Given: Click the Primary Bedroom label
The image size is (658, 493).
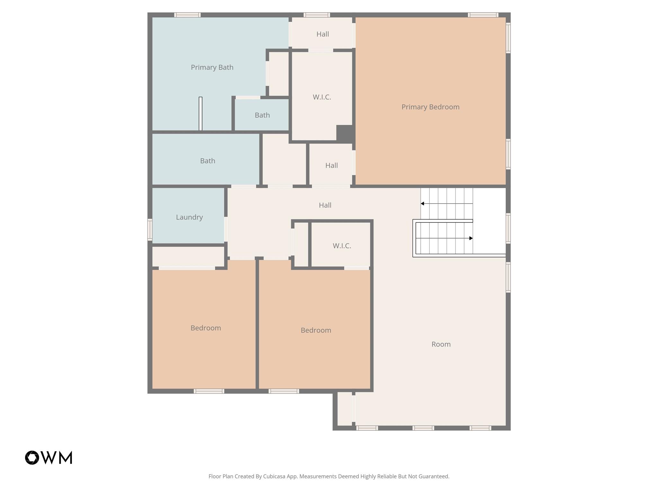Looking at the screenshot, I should (430, 107).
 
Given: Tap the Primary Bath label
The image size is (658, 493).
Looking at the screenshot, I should (212, 67).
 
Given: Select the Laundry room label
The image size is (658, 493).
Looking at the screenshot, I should (189, 217).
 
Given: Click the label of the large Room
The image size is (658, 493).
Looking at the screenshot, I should (441, 344).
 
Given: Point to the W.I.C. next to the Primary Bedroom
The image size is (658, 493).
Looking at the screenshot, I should (322, 97).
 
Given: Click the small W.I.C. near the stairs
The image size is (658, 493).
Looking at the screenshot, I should (342, 246).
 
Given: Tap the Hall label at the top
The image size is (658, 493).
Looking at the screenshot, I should (323, 34).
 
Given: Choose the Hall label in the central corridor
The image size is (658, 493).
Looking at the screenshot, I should (325, 205).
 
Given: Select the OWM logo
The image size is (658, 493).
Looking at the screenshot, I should (49, 457).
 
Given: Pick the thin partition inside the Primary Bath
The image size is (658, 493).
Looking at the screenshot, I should (200, 114).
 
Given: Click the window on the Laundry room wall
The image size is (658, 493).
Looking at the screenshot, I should (150, 229).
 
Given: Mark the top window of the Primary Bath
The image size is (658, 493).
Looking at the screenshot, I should (187, 15).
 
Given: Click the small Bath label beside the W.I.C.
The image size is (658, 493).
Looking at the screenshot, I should (262, 115).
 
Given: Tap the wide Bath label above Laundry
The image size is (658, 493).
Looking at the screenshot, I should (208, 161).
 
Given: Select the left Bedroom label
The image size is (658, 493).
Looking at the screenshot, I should (206, 328).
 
